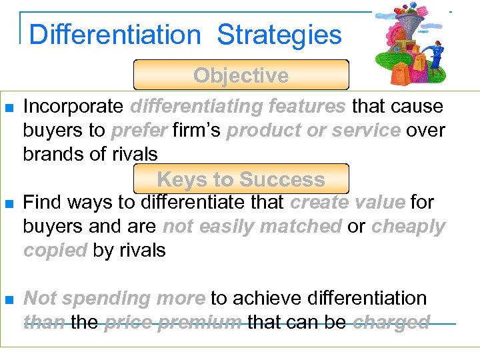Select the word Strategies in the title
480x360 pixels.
[279, 34]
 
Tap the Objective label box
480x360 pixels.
[241, 75]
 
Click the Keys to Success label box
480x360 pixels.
[241, 179]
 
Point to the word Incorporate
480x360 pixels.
[73, 106]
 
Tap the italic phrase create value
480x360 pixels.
[347, 202]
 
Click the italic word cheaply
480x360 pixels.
[408, 226]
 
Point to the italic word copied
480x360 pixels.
[55, 250]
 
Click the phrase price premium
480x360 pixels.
[173, 322]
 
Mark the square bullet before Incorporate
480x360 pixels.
[9, 107]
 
